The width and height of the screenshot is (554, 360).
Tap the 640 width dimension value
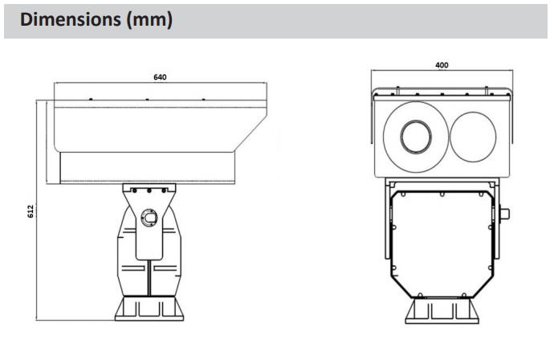click(x=161, y=78)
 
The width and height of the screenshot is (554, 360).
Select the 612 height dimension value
click(x=31, y=211)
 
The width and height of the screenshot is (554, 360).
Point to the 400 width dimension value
click(x=442, y=64)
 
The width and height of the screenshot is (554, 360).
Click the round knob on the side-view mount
click(x=149, y=218)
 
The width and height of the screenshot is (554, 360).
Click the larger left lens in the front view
click(x=413, y=135)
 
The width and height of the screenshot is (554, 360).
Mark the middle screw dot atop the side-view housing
click(x=147, y=100)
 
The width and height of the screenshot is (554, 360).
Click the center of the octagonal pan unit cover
click(x=442, y=237)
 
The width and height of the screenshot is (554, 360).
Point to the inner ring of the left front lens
click(x=413, y=136)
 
